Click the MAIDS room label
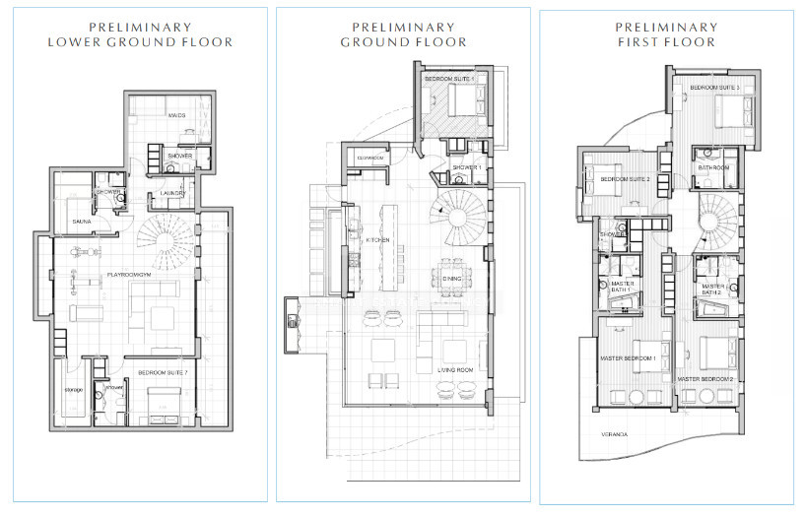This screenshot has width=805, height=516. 177,115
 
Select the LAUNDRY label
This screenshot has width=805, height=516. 172,194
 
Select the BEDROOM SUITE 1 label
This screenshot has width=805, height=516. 448,78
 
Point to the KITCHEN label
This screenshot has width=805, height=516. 378,240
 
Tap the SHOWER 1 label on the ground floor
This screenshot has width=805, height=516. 466,168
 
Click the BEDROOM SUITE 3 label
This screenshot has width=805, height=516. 714,88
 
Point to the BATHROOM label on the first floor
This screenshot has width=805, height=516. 713,167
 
